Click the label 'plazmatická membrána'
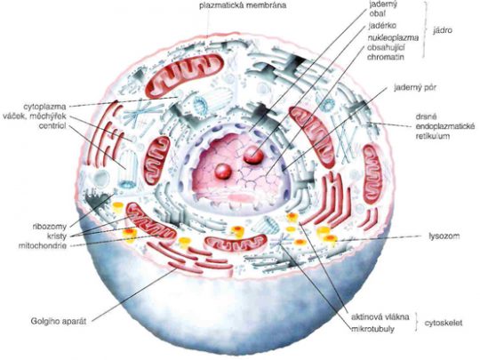coord(243,5)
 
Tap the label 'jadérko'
coord(382,26)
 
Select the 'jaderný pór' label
coord(414,88)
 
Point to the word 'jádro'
coord(443,30)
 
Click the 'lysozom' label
coord(444,236)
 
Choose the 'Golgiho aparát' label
coord(58,322)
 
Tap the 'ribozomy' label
coord(49,227)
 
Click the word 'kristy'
coord(57,236)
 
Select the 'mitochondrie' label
coord(43,245)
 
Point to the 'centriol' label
coord(52,126)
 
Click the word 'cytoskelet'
coord(444,323)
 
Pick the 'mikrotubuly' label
coord(372,329)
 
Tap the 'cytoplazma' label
coord(44,108)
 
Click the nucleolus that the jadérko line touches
coord(253,155)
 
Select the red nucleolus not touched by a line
coord(223,172)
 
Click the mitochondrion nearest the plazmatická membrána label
coord(185,75)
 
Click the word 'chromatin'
coord(386,57)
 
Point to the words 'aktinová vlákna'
coord(380,316)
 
